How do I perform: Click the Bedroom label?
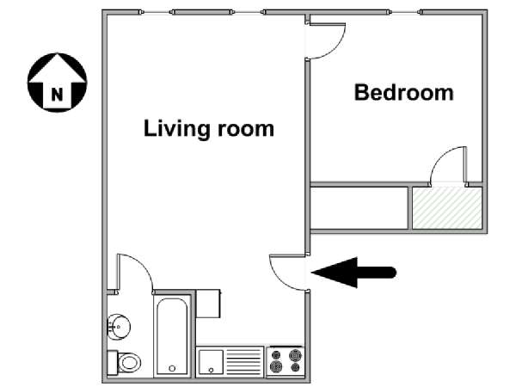pyautogui.click(x=404, y=93)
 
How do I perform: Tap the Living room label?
pyautogui.click(x=209, y=128)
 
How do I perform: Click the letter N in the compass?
pyautogui.click(x=58, y=95)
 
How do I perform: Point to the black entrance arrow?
pyautogui.click(x=353, y=273)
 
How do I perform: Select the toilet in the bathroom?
pyautogui.click(x=124, y=362)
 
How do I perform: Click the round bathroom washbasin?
pyautogui.click(x=119, y=327)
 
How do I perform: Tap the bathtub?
pyautogui.click(x=172, y=336)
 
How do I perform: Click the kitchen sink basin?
pyautogui.click(x=211, y=362)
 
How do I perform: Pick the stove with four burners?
pyautogui.click(x=286, y=361)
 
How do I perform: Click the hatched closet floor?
pyautogui.click(x=447, y=207)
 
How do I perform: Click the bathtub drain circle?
pyautogui.click(x=172, y=369)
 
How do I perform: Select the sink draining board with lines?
pyautogui.click(x=244, y=362)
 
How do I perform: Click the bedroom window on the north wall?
pyautogui.click(x=405, y=13)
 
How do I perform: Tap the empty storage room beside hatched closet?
pyautogui.click(x=359, y=207)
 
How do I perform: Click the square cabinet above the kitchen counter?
pyautogui.click(x=208, y=304)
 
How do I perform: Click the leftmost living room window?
pyautogui.click(x=157, y=13)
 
